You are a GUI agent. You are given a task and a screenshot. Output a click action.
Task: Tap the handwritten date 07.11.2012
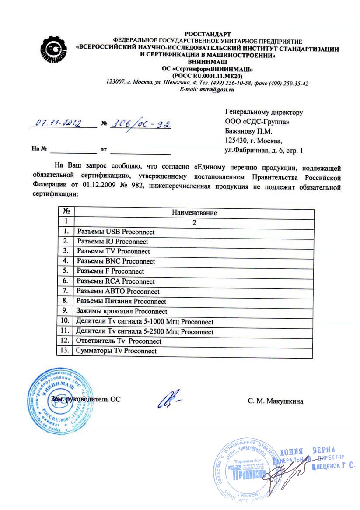58,123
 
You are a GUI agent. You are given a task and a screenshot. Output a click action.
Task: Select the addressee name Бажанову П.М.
248,131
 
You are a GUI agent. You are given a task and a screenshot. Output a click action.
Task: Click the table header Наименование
194,213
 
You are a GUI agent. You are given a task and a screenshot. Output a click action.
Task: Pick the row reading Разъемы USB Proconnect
115,232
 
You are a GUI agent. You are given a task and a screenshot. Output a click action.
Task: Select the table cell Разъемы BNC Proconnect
116,261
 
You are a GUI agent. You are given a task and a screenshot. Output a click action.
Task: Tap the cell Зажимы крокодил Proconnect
122,311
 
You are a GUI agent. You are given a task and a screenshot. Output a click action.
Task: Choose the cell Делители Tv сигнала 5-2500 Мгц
144,331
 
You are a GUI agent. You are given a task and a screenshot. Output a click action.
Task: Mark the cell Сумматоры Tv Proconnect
116,351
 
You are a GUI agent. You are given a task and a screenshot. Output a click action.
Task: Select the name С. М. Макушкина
275,401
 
